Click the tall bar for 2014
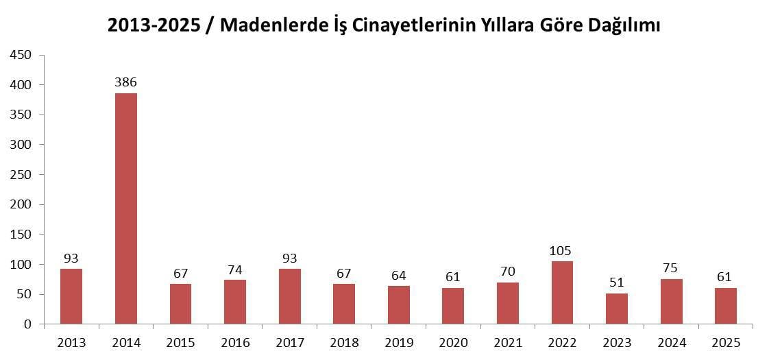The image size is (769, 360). click(125, 208)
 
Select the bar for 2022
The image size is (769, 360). click(562, 292)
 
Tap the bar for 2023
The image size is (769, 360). click(617, 309)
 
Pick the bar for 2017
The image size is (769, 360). click(289, 296)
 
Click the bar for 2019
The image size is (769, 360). click(398, 304)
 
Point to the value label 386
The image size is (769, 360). click(125, 82)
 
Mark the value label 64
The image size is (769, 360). click(398, 276)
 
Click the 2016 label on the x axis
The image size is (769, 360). click(235, 342)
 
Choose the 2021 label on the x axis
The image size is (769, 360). click(508, 342)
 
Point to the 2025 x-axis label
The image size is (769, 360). click(726, 342)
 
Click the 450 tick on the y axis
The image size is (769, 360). click(22, 55)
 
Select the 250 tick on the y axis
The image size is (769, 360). click(22, 174)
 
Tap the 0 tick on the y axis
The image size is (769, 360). click(28, 324)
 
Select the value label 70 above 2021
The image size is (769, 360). click(508, 272)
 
